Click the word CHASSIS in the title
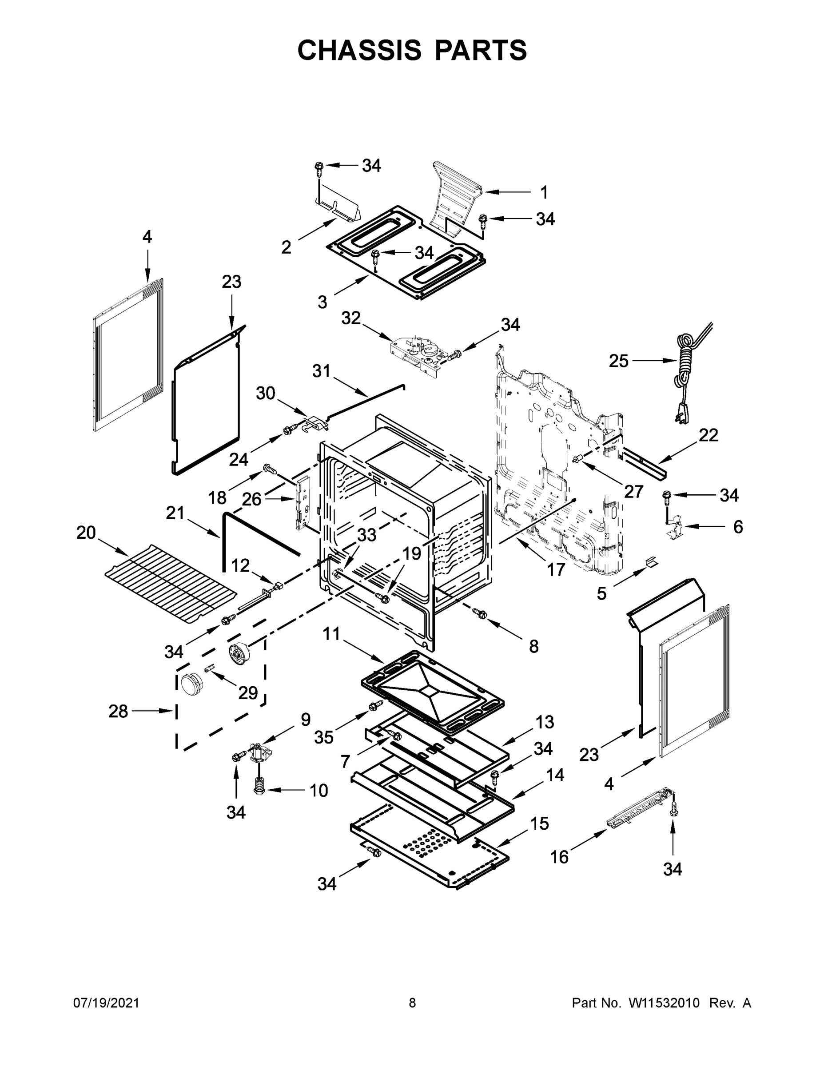pyautogui.click(x=359, y=50)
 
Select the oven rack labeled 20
pyautogui.click(x=171, y=584)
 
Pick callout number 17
pyautogui.click(x=556, y=569)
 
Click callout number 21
pyautogui.click(x=175, y=513)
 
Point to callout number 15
pyautogui.click(x=539, y=824)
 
